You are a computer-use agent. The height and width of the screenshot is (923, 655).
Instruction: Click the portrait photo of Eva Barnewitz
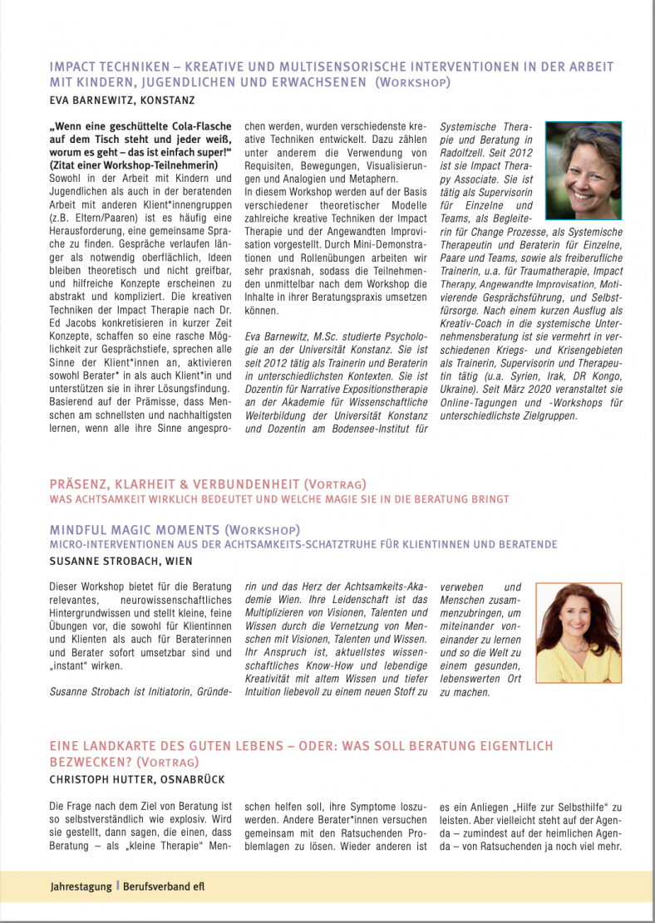tap(583, 159)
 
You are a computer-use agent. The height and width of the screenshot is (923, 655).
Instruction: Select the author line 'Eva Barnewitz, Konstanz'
tap(123, 101)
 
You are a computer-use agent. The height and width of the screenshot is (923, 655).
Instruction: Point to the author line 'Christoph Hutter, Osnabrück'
tap(137, 779)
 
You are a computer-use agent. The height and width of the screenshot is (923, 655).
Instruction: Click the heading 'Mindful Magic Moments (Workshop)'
tap(175, 529)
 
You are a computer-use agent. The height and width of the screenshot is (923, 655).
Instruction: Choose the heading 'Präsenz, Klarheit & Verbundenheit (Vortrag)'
tap(207, 484)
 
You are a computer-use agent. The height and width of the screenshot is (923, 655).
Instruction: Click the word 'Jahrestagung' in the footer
tap(81, 886)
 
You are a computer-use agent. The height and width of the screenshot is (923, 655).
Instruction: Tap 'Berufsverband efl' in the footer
tap(164, 886)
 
